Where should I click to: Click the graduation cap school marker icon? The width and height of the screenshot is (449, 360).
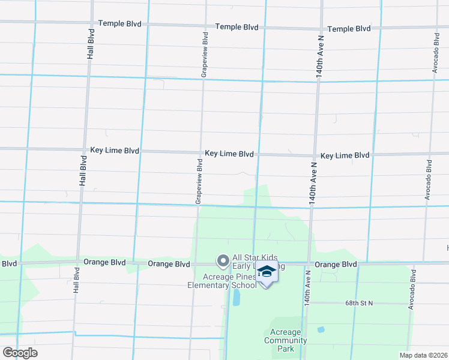tap(267, 273)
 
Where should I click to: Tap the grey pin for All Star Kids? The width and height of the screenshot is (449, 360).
tap(223, 260)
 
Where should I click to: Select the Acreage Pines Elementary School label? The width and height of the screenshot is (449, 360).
tap(230, 281)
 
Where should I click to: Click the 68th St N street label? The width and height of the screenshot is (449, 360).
tap(359, 304)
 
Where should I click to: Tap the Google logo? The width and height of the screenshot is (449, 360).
tap(20, 353)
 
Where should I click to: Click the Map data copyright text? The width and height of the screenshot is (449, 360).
tap(423, 355)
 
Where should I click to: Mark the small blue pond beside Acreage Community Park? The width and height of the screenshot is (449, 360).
tap(321, 330)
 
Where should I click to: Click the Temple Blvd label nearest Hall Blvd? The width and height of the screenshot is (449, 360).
tap(120, 24)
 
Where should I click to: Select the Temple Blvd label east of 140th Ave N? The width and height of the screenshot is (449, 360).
tap(349, 29)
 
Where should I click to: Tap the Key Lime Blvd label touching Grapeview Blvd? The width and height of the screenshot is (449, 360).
tap(229, 154)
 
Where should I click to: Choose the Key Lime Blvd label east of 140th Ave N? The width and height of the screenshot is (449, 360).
tap(345, 155)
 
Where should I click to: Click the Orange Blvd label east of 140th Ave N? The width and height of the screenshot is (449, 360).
tap(336, 265)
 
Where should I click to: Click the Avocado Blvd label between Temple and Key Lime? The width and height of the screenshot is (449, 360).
tap(435, 53)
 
